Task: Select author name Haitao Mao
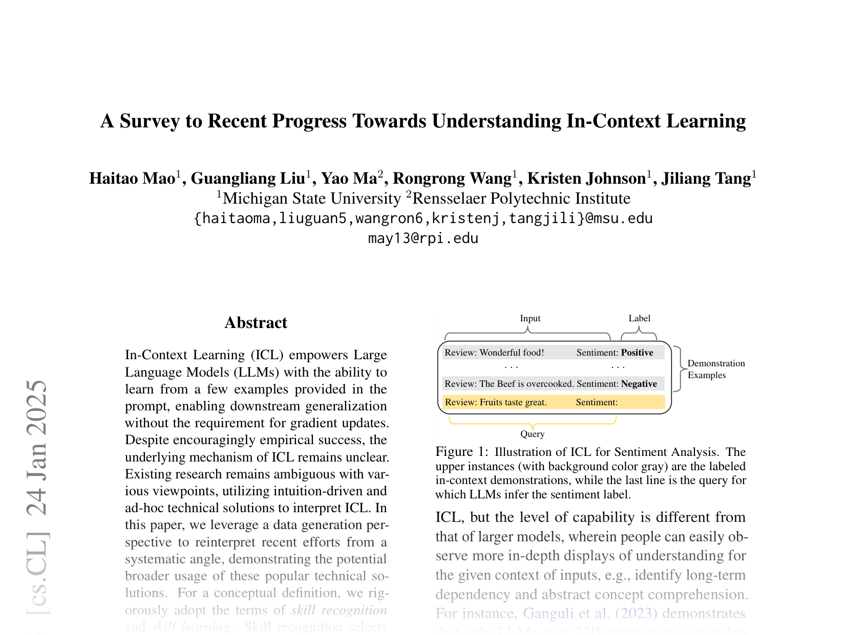[132, 179]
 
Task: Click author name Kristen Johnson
[586, 179]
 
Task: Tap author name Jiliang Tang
[706, 179]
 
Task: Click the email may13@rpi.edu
[423, 238]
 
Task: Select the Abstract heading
[256, 323]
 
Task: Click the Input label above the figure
[530, 318]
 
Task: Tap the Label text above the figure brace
[639, 318]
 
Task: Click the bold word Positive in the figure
[637, 353]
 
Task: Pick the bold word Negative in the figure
[639, 384]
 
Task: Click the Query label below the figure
[532, 434]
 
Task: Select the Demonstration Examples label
[715, 369]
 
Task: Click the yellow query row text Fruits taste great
[513, 402]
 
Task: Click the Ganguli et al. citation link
[566, 613]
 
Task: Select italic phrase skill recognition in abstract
[338, 610]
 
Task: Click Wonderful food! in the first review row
[512, 353]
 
